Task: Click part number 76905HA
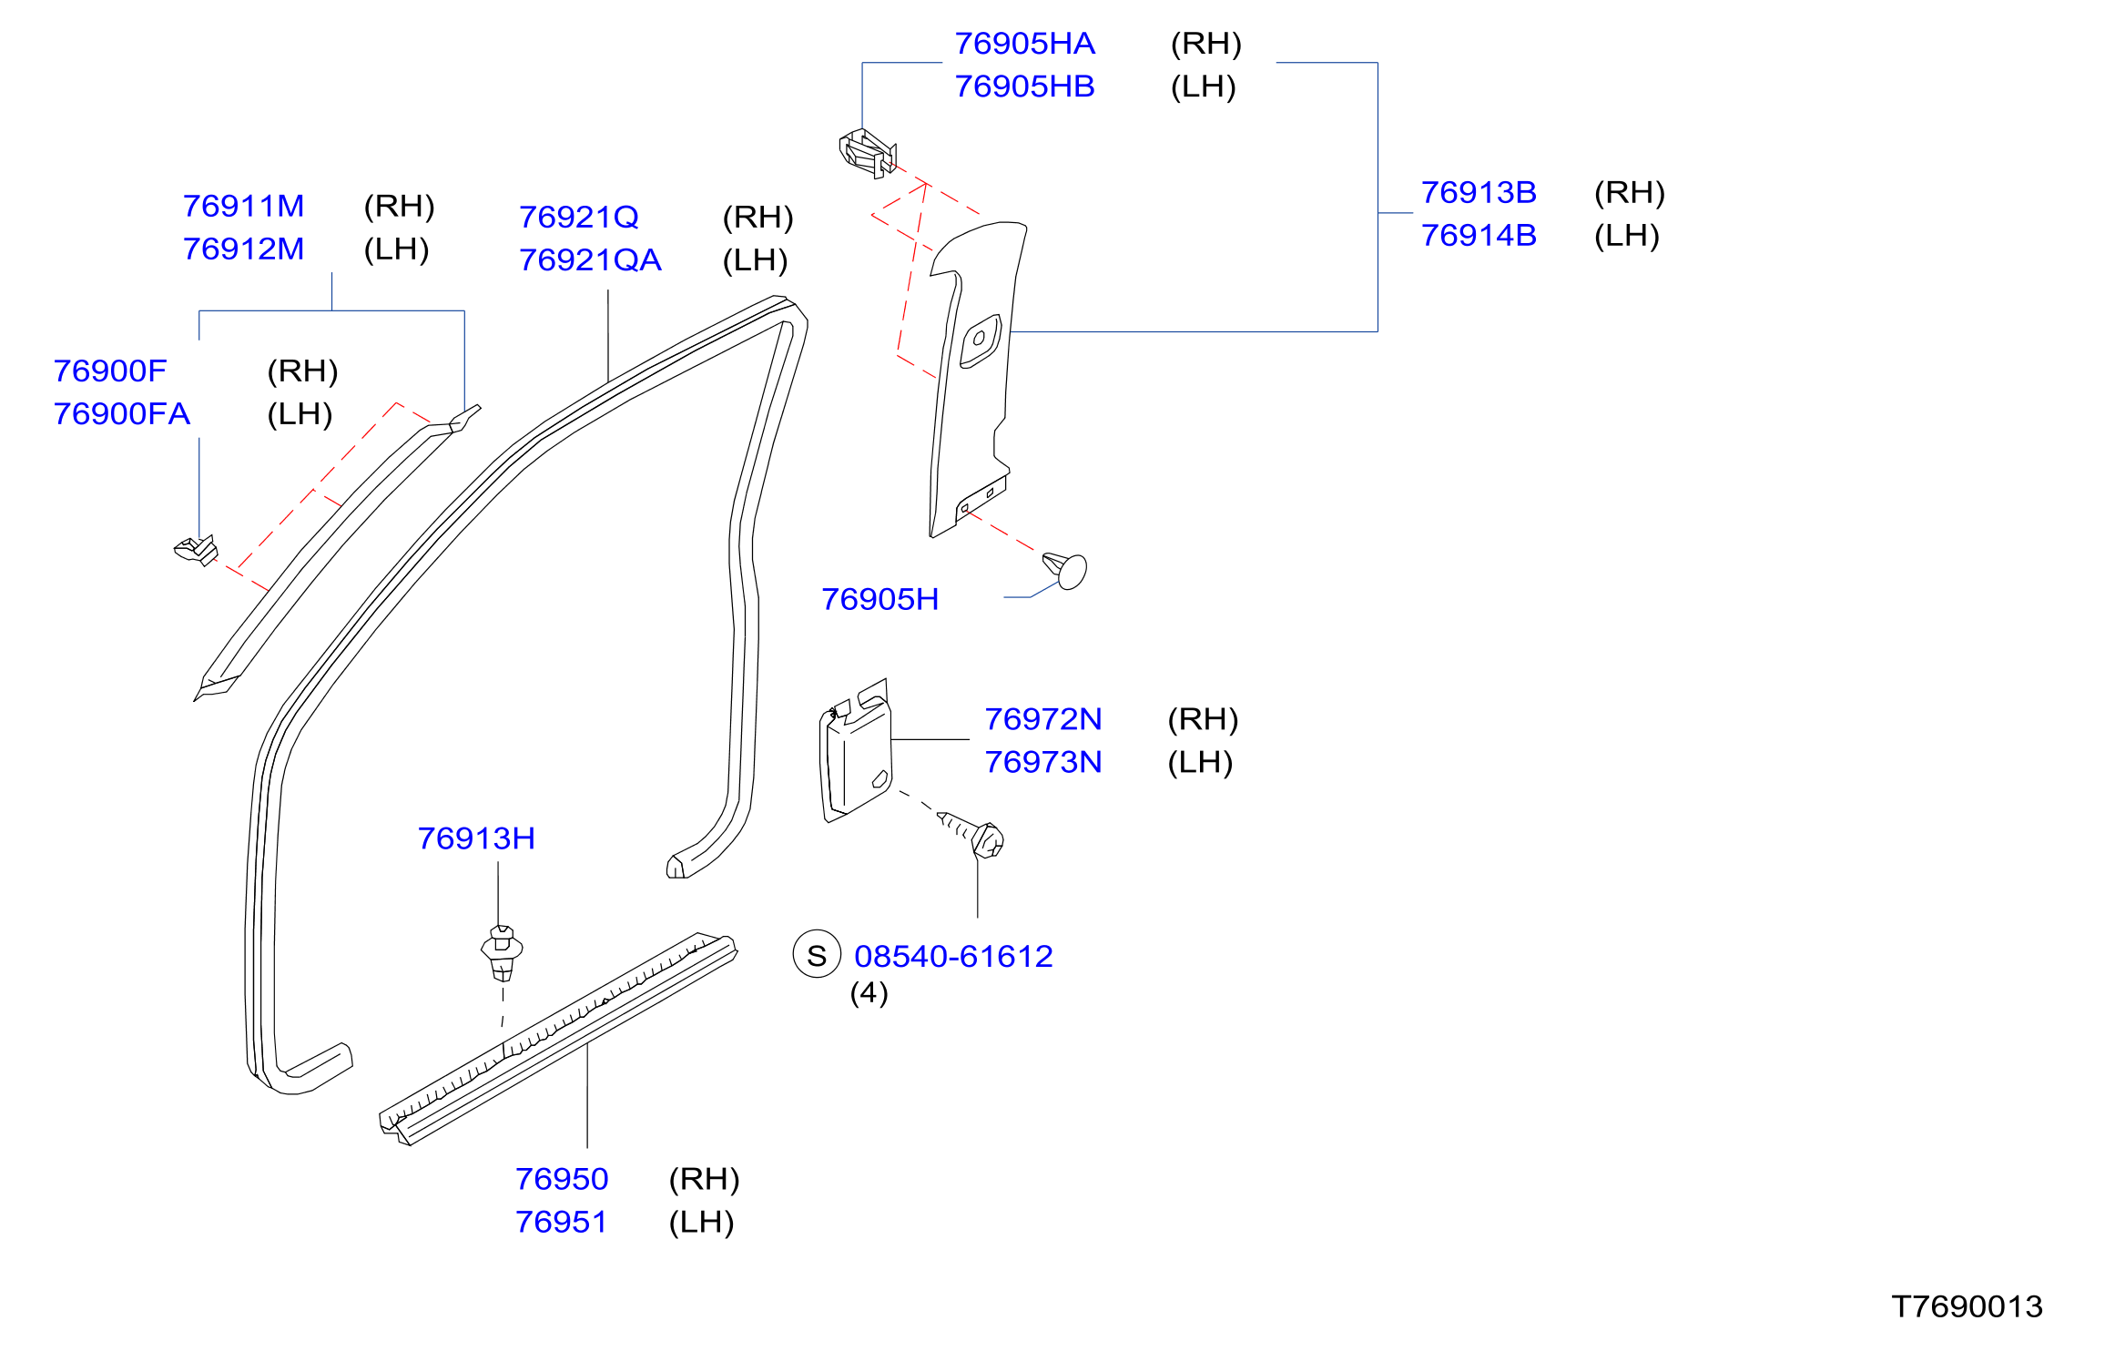click(x=1024, y=44)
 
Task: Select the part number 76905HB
click(x=1024, y=86)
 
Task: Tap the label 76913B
click(x=1479, y=193)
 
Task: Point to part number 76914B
click(x=1479, y=236)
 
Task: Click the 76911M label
click(x=243, y=207)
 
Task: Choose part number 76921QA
click(x=590, y=260)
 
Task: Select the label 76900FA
click(x=121, y=414)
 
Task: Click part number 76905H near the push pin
click(x=879, y=600)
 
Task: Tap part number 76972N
click(x=1043, y=720)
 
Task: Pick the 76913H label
click(x=476, y=839)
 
